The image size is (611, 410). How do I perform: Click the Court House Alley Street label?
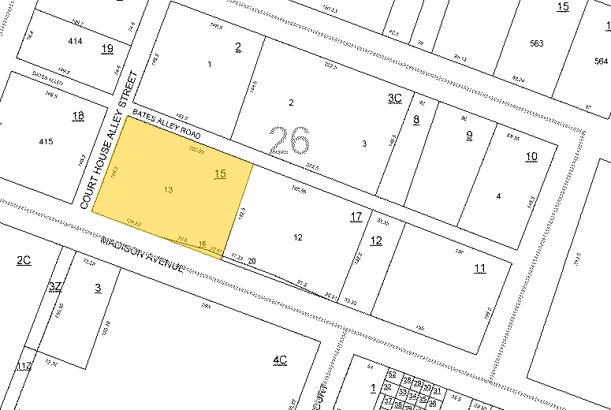click(x=109, y=140)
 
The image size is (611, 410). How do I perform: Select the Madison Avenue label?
click(x=143, y=252)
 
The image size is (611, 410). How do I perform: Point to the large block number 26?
click(x=289, y=140)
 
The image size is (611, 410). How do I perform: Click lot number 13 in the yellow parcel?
click(x=168, y=190)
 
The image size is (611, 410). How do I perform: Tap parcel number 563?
click(x=537, y=43)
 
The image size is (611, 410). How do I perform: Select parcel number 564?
click(x=601, y=61)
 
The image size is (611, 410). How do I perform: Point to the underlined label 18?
click(x=77, y=116)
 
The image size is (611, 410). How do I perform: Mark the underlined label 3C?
click(x=395, y=97)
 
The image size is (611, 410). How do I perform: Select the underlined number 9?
click(x=469, y=134)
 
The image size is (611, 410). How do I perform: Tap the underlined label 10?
click(x=531, y=156)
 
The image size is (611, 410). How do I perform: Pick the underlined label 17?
click(x=356, y=216)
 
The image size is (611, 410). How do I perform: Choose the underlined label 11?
click(x=479, y=268)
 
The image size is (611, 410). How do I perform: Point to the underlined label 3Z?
click(x=54, y=285)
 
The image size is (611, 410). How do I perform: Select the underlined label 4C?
click(x=280, y=360)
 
